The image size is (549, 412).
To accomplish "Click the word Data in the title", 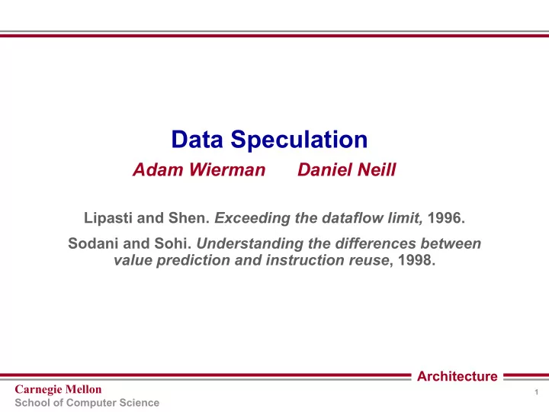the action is (x=197, y=140).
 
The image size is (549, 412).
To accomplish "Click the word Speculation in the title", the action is (x=299, y=140).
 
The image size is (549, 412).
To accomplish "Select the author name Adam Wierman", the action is (x=199, y=169).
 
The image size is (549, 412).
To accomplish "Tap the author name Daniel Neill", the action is (x=347, y=169).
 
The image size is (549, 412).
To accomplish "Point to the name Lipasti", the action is (x=108, y=218).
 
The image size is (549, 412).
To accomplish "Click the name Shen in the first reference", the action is (x=189, y=218).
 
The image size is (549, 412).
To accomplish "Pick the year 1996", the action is (x=446, y=218).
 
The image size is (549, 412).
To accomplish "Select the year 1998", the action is (x=416, y=260).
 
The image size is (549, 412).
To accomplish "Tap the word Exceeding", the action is (x=252, y=218).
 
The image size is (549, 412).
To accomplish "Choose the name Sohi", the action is (x=173, y=243).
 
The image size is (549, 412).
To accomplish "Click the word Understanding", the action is (x=249, y=244).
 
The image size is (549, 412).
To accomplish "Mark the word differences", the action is (x=376, y=243).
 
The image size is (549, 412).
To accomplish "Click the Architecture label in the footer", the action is (x=457, y=376).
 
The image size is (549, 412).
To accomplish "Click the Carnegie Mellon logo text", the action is (x=58, y=390).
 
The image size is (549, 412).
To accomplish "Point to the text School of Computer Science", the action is (x=87, y=403).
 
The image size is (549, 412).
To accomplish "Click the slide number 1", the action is (x=536, y=392).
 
